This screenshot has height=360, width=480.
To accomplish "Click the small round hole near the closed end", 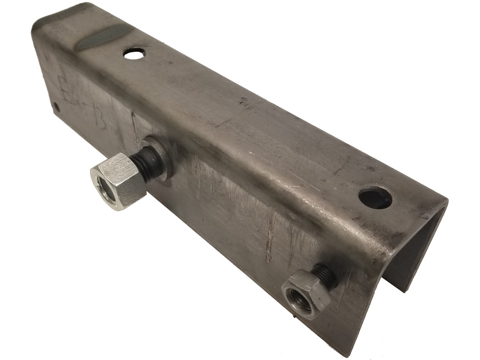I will tap(134, 53).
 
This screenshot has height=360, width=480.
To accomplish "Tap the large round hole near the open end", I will tap(375, 197).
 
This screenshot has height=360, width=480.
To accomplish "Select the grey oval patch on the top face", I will tap(103, 37).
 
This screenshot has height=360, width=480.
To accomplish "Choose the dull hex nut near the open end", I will tap(306, 294).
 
